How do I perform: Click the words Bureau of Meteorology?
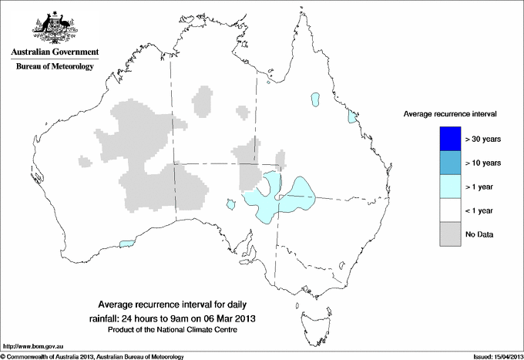[54, 67]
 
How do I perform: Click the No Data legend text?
[479, 234]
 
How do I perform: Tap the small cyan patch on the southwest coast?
[128, 244]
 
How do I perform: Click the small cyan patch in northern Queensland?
[315, 99]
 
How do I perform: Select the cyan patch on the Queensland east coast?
[351, 117]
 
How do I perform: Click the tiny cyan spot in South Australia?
[230, 204]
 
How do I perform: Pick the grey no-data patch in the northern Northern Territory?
[203, 101]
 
